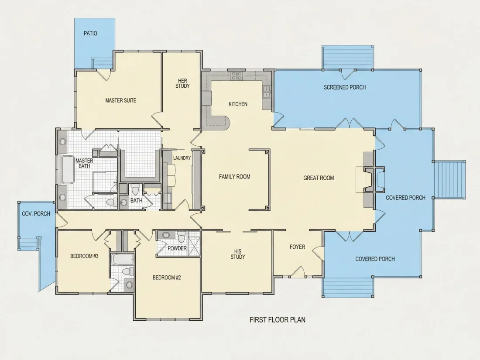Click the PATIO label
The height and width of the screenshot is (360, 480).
pos(90,33)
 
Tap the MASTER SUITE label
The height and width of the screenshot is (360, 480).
pos(120,100)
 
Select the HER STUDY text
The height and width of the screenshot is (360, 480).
pos(182,83)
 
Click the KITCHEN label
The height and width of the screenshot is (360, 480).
pos(238,104)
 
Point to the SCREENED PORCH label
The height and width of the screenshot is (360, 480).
pos(345,87)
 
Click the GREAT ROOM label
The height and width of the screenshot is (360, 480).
pos(319,178)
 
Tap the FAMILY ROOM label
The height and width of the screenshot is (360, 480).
pos(234,177)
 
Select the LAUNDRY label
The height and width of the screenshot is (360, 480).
pos(182,158)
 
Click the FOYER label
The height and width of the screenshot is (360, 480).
pos(297,247)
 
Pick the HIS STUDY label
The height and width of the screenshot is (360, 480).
pos(238,254)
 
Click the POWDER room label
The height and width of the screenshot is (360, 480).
pos(177,248)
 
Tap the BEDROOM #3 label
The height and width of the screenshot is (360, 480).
pos(84,256)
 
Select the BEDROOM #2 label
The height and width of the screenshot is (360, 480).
pos(167,278)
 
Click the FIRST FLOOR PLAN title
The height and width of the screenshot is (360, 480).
pos(278,320)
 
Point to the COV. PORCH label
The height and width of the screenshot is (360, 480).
pos(36,214)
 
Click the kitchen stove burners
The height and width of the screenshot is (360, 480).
pos(237,75)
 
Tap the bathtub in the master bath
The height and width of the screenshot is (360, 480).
pos(68,170)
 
